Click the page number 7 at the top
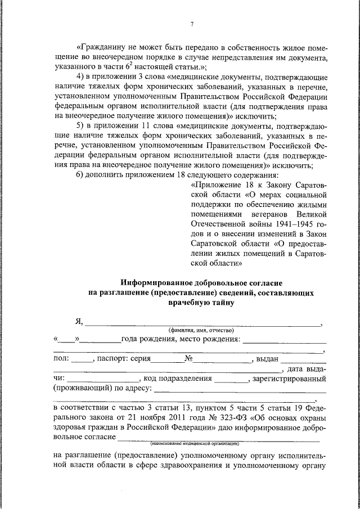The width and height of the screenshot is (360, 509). coord(192,24)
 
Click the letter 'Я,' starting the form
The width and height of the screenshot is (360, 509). coord(79,322)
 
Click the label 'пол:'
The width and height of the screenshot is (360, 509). coord(61,358)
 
